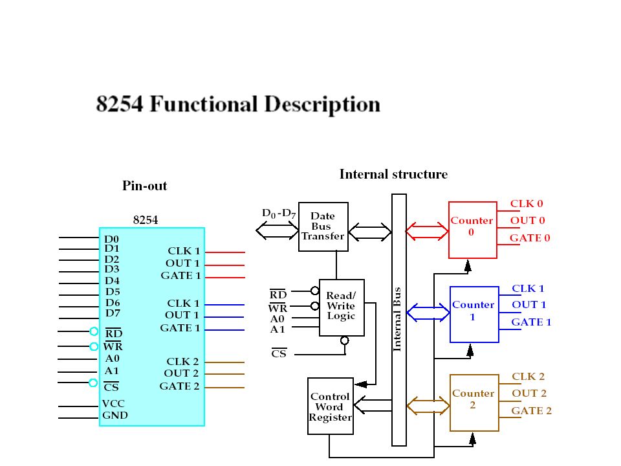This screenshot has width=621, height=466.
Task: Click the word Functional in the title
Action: (203, 104)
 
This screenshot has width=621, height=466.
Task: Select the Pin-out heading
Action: (144, 186)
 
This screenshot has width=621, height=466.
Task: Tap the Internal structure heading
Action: (394, 174)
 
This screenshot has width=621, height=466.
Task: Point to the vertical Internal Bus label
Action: (397, 319)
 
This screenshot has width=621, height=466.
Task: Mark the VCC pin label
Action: (113, 404)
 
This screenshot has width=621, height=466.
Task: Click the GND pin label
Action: (115, 416)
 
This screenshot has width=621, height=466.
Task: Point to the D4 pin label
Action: (112, 280)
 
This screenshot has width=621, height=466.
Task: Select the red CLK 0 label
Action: (527, 204)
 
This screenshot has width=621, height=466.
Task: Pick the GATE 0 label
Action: (530, 238)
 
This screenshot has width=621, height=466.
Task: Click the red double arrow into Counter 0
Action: (427, 230)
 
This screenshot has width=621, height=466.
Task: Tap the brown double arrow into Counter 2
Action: (428, 406)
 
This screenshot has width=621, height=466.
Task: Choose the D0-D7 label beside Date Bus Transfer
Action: (279, 214)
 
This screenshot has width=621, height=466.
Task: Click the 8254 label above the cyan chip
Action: (146, 220)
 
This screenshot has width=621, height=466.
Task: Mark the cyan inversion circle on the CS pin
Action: (93, 383)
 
